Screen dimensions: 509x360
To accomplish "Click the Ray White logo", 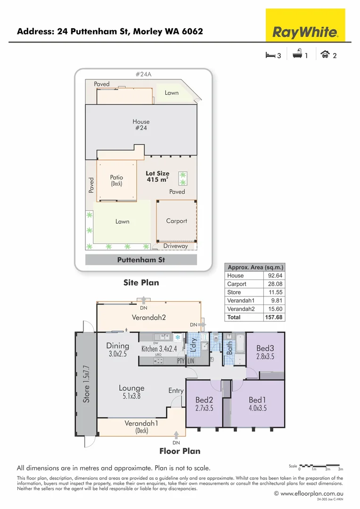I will click(305, 32).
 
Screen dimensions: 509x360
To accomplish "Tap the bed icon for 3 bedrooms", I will click(270, 55).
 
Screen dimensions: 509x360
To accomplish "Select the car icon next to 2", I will click(325, 55).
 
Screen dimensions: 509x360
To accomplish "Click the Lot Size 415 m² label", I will click(157, 176).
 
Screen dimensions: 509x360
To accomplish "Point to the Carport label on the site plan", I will click(176, 221).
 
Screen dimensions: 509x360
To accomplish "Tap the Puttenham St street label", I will click(141, 260).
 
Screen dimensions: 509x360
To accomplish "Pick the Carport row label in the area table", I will click(237, 284).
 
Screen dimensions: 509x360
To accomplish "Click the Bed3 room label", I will click(265, 348).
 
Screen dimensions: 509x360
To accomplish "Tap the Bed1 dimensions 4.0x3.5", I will click(258, 408).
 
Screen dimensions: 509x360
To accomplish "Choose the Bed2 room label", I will click(204, 400).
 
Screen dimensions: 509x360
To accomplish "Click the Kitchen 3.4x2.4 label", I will click(159, 349).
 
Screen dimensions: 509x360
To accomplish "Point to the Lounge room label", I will click(131, 388).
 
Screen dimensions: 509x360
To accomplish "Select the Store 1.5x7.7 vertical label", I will click(86, 384).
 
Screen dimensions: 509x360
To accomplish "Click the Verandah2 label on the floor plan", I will click(148, 317).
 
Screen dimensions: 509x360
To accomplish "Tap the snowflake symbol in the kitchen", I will click(178, 337).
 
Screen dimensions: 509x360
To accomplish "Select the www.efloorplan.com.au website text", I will click(312, 493).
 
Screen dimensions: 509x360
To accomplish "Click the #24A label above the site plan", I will click(143, 74).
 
